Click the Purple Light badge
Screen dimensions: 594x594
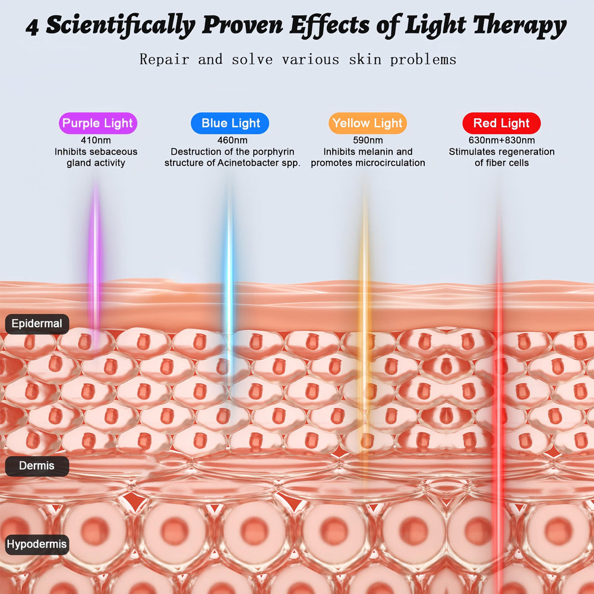tap(98, 123)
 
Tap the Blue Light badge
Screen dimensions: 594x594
tap(230, 123)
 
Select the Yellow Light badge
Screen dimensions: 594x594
tap(368, 123)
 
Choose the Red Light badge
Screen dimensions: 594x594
tap(501, 123)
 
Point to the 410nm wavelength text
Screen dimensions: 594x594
tap(96, 140)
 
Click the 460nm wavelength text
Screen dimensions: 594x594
tap(232, 140)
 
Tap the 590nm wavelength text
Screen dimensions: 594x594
tap(368, 140)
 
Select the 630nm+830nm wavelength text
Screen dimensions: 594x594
tap(501, 140)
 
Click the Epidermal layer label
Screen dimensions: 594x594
tap(37, 324)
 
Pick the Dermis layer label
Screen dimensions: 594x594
tap(37, 466)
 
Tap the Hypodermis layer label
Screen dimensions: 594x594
tap(37, 544)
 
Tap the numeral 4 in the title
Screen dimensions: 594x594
tap(33, 27)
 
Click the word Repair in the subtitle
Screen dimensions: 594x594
tap(164, 59)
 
